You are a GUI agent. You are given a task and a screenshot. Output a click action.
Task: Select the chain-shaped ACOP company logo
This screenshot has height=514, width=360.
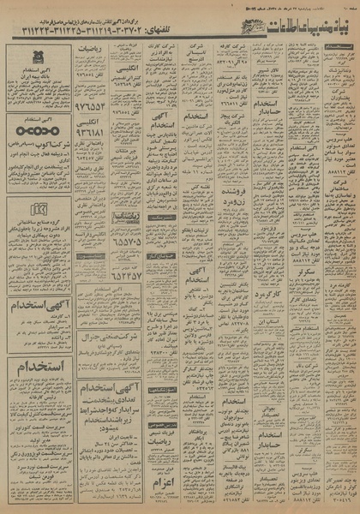[x=39, y=135]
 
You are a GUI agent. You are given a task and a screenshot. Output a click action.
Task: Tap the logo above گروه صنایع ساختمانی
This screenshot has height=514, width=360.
[x=38, y=209]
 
